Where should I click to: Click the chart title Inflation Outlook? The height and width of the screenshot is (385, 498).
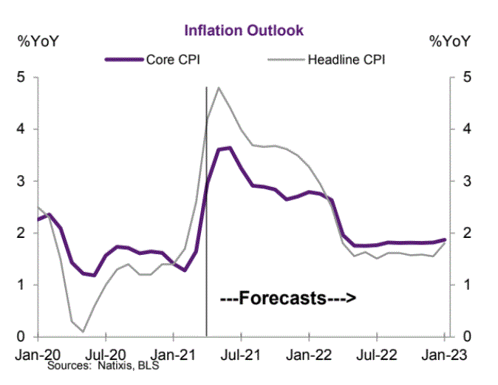click(244, 31)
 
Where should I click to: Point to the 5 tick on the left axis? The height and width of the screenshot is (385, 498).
click(21, 78)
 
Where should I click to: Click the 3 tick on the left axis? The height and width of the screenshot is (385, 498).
click(21, 181)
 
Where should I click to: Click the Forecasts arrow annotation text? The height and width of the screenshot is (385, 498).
click(289, 299)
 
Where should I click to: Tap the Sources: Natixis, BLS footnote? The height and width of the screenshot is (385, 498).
click(103, 366)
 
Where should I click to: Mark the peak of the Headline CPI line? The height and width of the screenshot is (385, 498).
click(219, 87)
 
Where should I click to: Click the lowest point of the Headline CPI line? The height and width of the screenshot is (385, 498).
click(83, 331)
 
